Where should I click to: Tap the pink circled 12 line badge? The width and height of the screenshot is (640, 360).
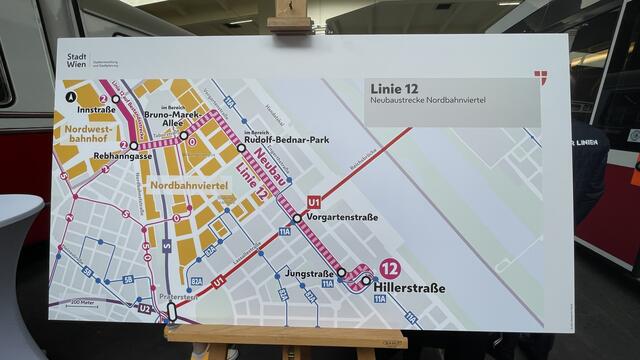point(389,268)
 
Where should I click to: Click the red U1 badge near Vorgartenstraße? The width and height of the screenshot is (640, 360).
point(314,201)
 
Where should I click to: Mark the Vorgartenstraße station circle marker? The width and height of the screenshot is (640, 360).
point(297,218)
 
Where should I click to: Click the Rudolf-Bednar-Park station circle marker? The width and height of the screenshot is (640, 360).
point(241,147)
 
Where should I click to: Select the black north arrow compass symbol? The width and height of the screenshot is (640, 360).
point(70,97)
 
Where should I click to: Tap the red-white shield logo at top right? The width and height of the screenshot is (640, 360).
point(541,77)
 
